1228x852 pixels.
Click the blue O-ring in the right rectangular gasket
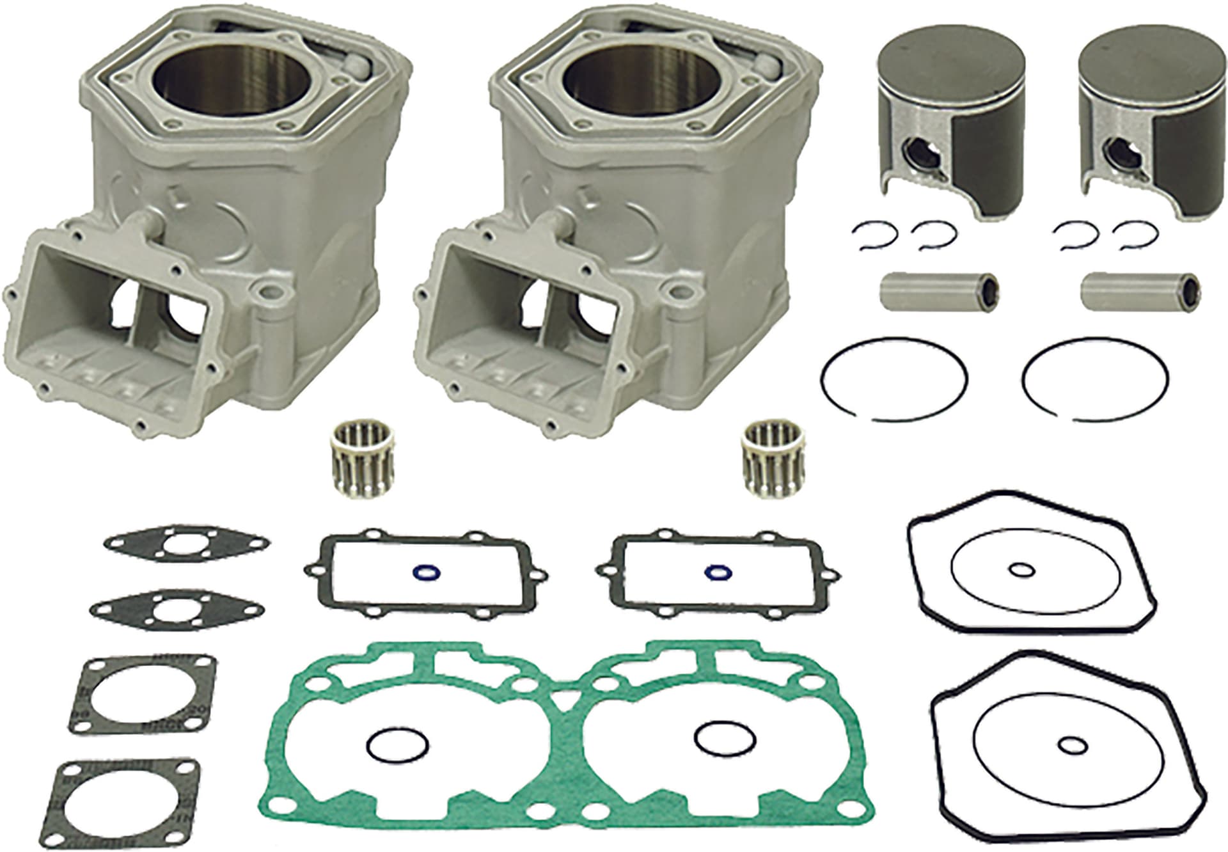[712, 571]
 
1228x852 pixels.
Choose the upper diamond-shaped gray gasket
[185, 546]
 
